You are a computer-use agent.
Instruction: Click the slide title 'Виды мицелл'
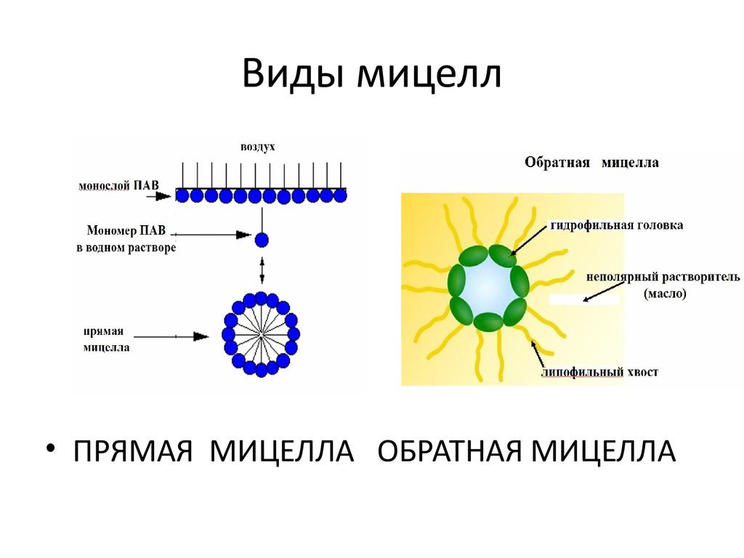(371, 75)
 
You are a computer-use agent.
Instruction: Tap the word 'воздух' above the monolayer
(258, 147)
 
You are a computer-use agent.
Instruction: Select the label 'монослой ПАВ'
(118, 185)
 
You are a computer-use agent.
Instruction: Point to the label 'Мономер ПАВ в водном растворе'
(126, 238)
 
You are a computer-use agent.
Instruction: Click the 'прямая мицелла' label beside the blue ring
(106, 339)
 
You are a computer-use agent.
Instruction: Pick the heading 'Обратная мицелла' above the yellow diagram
(591, 162)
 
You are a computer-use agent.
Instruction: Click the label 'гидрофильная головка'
(617, 225)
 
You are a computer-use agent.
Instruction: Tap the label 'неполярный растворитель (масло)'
(663, 285)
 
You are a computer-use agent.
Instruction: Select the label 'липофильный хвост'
(599, 372)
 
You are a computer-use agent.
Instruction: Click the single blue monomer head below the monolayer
(262, 240)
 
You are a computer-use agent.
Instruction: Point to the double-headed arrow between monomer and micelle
(262, 270)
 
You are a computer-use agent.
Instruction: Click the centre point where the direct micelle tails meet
(262, 336)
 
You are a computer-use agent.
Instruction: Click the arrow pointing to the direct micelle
(171, 336)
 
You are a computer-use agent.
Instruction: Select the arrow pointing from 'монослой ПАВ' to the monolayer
(158, 195)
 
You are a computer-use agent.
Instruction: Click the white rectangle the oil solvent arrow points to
(584, 299)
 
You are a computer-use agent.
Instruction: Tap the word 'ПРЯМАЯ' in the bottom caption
(132, 450)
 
